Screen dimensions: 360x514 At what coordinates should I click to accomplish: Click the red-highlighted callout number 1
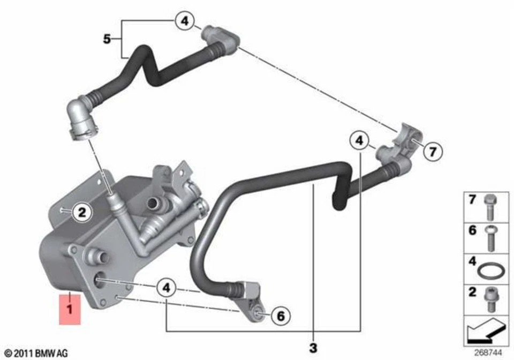pos(69,309)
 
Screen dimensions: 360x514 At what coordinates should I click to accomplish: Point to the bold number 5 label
pos(108,39)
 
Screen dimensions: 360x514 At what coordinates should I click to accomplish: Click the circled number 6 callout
pos(279,316)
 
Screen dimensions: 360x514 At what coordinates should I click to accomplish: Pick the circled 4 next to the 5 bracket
pos(184,21)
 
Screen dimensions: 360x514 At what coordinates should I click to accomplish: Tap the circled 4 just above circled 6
pos(167,288)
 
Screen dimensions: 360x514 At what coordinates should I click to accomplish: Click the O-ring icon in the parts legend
pos(489,271)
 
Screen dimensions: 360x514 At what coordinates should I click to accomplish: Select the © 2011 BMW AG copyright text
pos(35,353)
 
